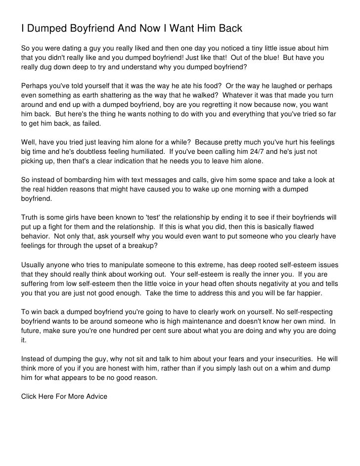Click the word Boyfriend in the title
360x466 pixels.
(x=85, y=29)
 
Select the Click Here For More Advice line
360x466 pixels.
(x=64, y=397)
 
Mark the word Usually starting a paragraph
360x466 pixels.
(x=36, y=264)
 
